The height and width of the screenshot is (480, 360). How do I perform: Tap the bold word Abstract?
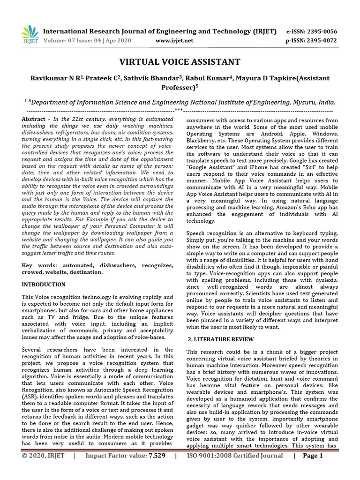click(x=33, y=120)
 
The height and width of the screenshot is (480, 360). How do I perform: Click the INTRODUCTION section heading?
click(x=44, y=285)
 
